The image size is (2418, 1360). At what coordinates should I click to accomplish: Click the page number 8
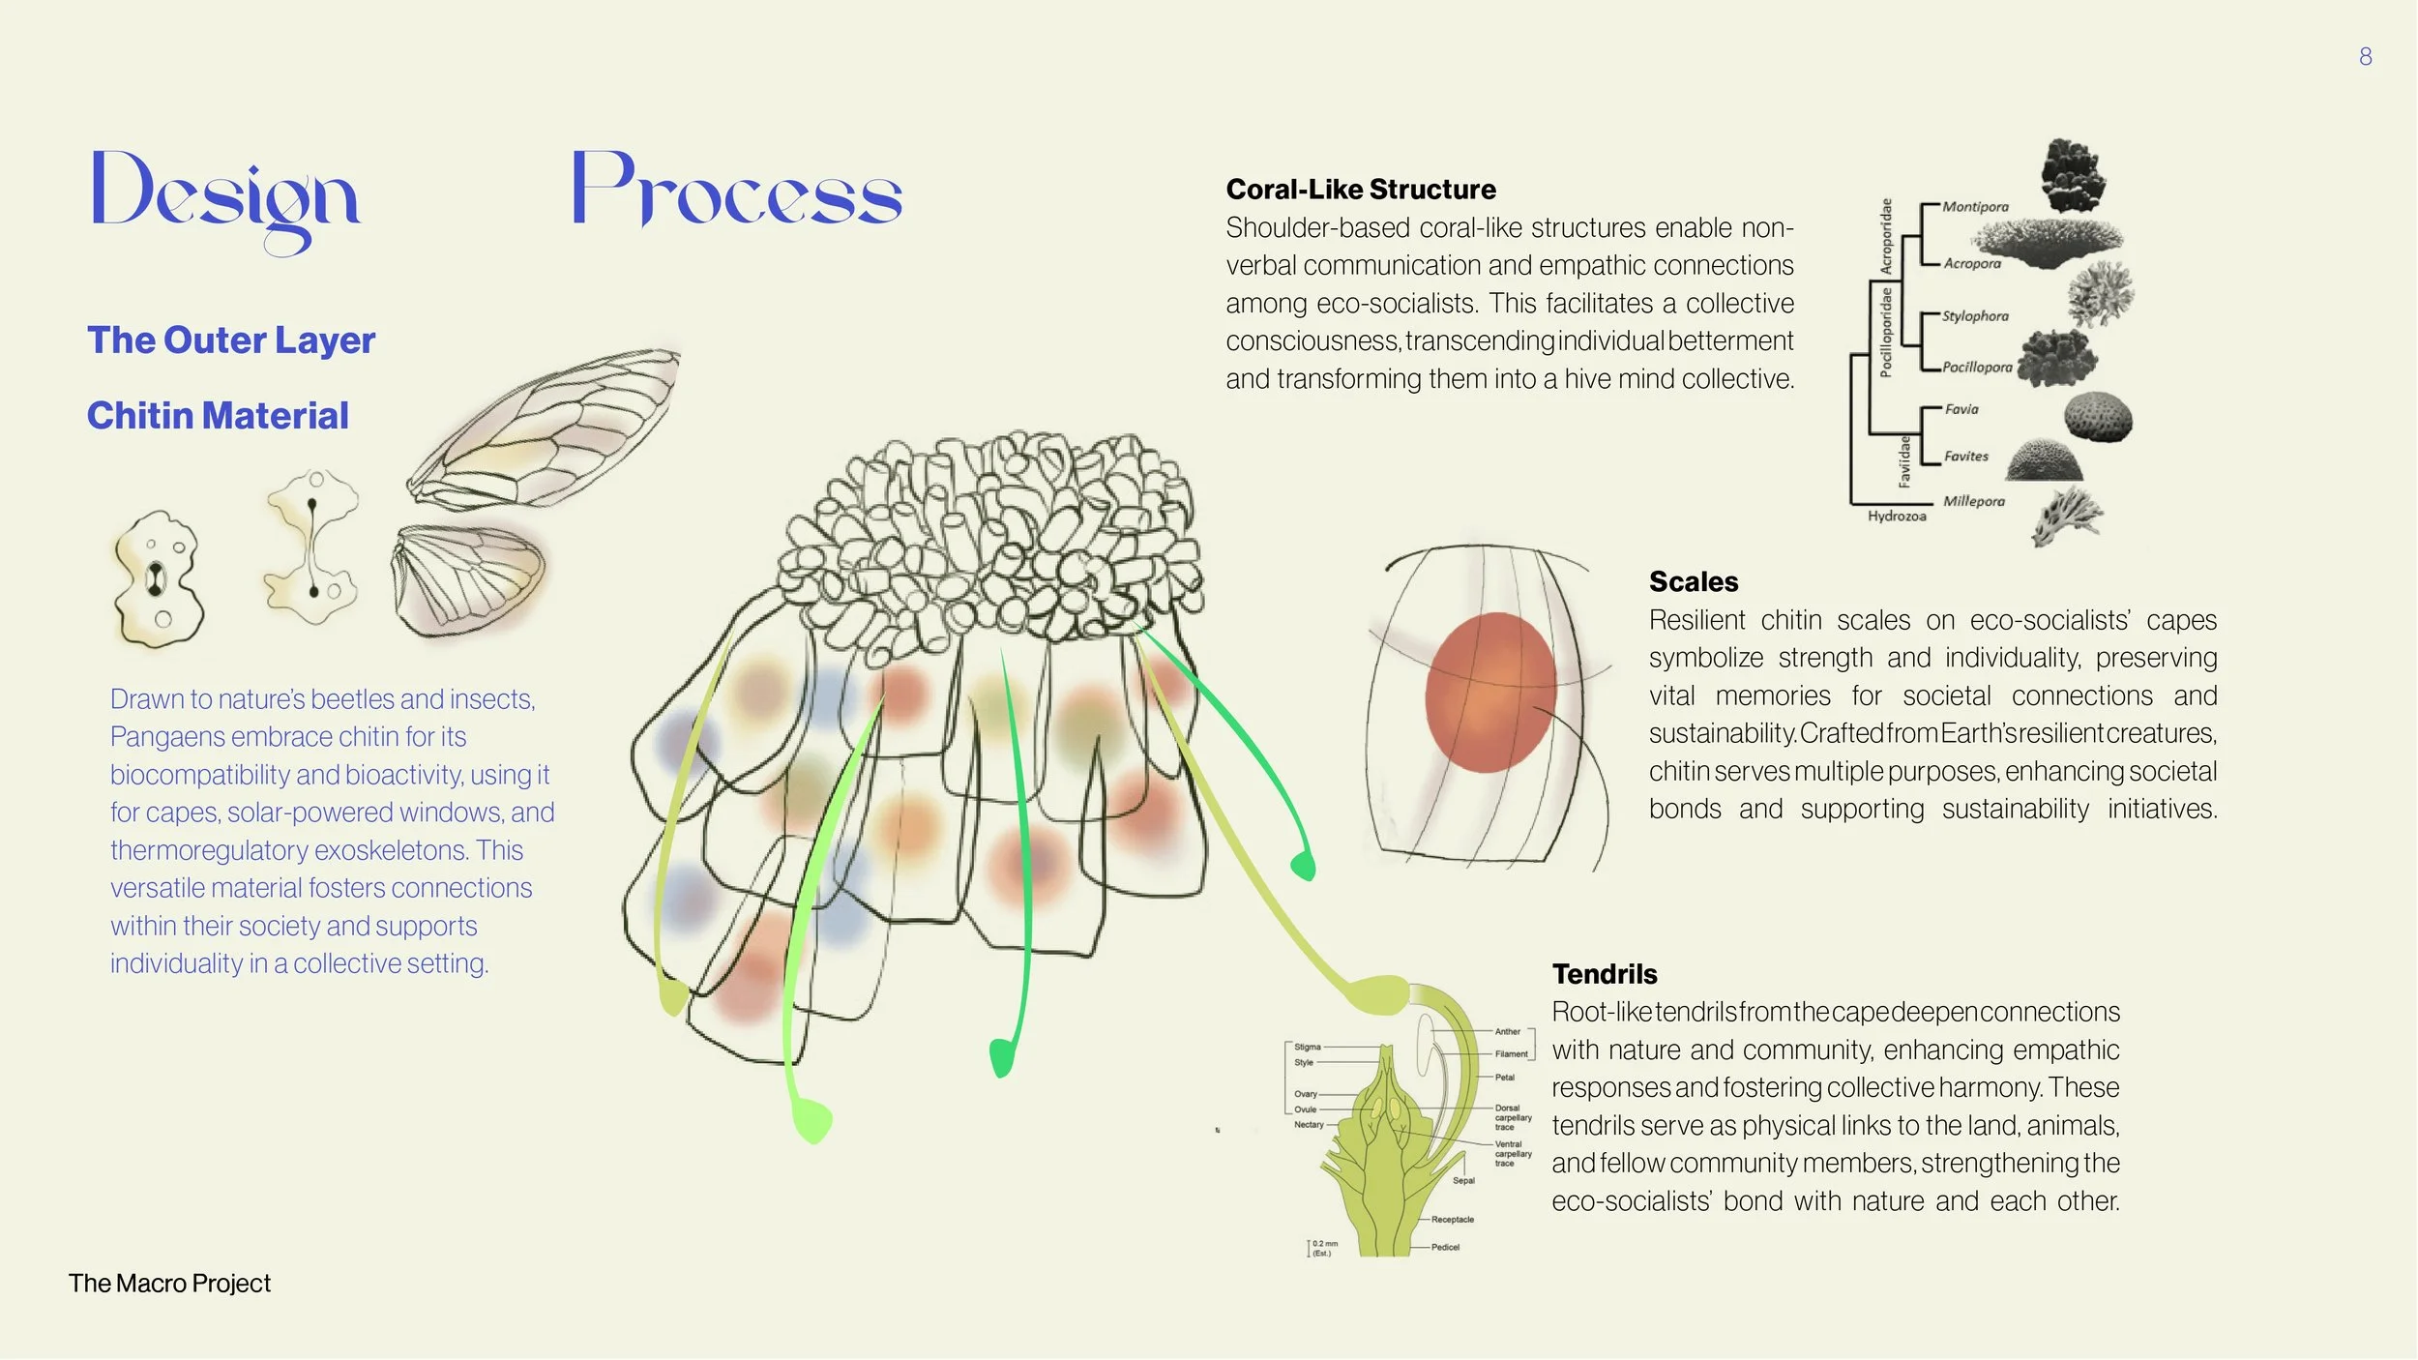2365,57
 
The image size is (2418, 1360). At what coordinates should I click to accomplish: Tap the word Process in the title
736,191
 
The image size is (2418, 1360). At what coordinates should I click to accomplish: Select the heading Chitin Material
218,416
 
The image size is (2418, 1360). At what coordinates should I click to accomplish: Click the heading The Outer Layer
231,340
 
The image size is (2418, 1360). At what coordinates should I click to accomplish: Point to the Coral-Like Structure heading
1360,190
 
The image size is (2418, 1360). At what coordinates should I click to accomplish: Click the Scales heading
1693,582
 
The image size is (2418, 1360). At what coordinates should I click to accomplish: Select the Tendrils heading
1604,974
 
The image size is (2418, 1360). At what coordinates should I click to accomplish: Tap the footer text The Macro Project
169,1284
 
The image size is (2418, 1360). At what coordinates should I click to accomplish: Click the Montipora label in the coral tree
1975,207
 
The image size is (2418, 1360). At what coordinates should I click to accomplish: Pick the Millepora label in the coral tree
1973,501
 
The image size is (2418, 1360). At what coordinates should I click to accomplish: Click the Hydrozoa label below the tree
1896,517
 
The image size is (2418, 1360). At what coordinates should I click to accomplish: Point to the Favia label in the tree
1961,409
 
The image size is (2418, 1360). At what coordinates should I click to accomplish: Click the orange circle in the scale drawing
1489,693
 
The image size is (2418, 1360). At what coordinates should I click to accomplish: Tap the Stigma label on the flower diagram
1307,1047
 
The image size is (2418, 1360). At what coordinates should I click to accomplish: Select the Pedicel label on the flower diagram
1445,1247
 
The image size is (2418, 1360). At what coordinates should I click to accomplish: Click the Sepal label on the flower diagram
1463,1180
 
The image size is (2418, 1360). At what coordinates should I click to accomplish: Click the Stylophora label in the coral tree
1975,316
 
